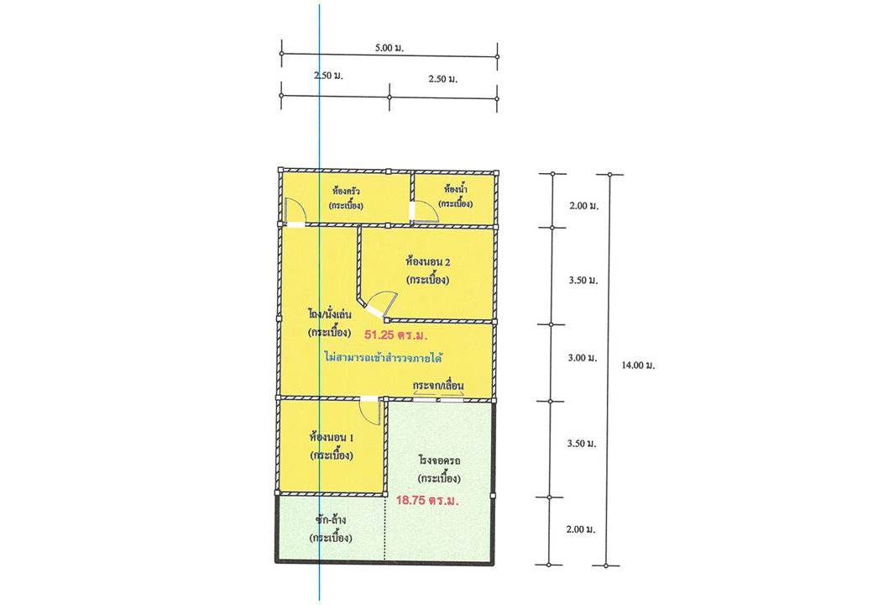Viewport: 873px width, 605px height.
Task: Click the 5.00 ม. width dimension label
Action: (389, 48)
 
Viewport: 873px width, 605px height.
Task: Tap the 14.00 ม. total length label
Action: (638, 366)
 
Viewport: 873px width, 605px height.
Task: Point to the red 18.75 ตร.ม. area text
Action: (427, 500)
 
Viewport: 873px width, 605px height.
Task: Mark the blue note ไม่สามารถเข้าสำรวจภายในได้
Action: (383, 357)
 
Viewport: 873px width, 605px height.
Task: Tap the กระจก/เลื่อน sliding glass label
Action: (438, 386)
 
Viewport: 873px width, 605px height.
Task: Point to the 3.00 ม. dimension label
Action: (583, 358)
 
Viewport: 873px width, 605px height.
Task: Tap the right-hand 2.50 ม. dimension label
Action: (443, 79)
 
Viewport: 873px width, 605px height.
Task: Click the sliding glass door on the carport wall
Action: (439, 399)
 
